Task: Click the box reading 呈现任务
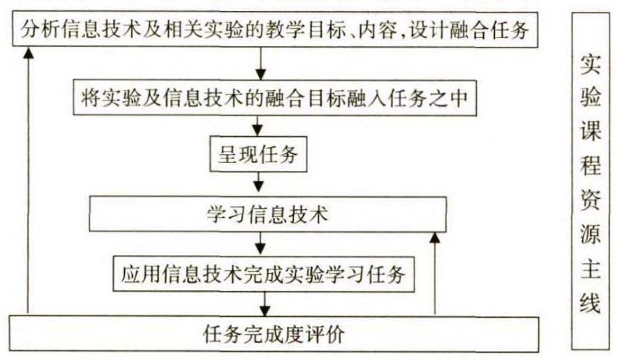tap(258, 156)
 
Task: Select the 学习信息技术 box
tap(267, 214)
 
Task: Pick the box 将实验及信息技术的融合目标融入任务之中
tap(275, 97)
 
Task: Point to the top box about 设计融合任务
tap(276, 31)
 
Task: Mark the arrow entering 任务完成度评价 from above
tap(263, 303)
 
